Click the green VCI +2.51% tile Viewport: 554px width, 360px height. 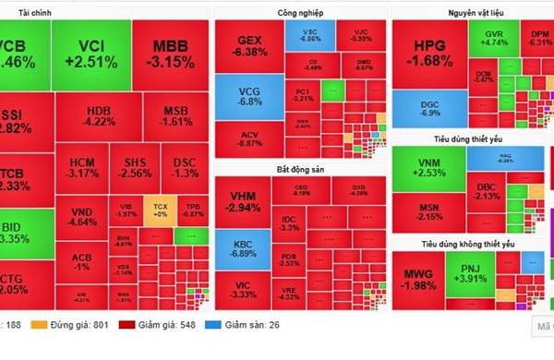(x=90, y=53)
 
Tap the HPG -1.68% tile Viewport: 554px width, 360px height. (x=428, y=54)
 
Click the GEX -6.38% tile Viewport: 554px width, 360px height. (x=248, y=48)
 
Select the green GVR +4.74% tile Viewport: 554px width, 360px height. (x=495, y=39)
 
